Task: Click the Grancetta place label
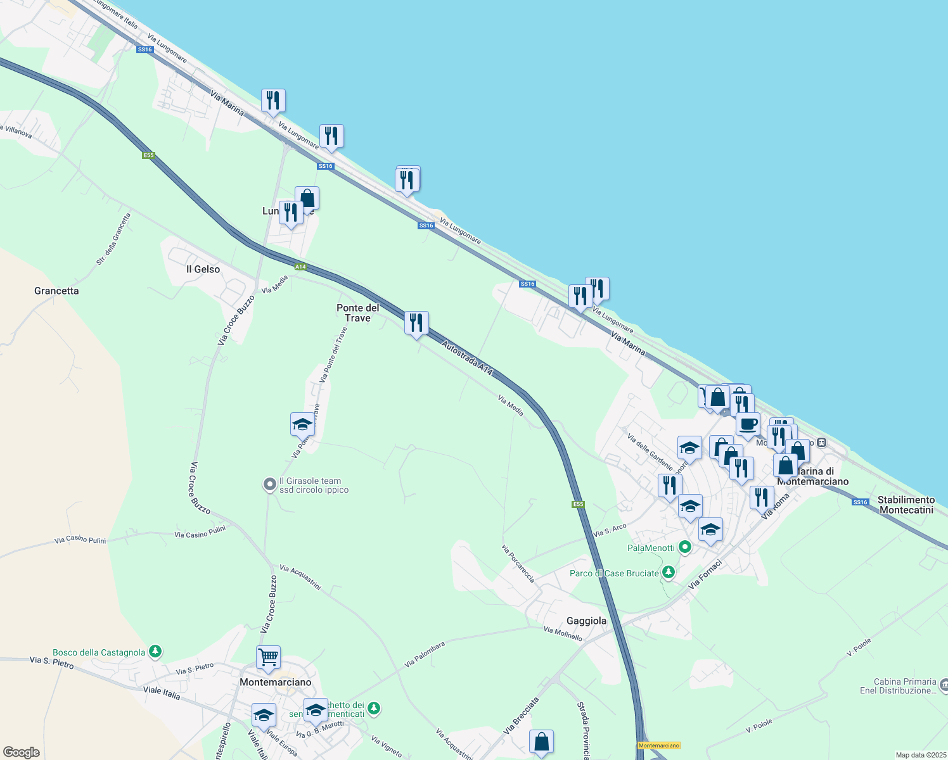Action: click(56, 291)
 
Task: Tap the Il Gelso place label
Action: click(203, 269)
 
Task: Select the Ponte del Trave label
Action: click(358, 313)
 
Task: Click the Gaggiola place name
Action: click(586, 621)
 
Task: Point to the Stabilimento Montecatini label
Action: click(906, 505)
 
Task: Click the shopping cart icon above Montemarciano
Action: click(268, 658)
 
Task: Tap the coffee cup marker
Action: click(748, 425)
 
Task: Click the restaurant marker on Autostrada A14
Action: click(416, 323)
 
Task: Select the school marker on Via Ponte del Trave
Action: click(302, 424)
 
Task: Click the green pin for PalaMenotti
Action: click(684, 547)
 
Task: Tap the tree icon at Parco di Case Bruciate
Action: click(668, 573)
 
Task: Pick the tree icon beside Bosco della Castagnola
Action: click(155, 652)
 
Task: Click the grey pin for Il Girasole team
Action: click(270, 485)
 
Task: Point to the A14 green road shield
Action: click(300, 267)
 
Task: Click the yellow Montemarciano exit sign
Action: click(659, 745)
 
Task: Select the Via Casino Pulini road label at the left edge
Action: click(80, 540)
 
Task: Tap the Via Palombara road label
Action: click(425, 654)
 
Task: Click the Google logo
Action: click(21, 752)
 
